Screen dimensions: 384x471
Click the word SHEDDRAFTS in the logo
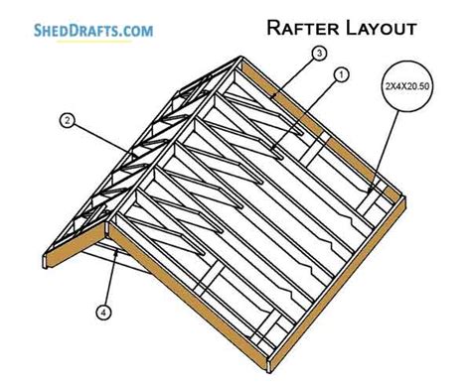coord(60,30)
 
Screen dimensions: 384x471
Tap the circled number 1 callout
coord(341,74)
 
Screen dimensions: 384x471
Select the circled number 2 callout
coord(67,122)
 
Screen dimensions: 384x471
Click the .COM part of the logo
coord(133,30)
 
